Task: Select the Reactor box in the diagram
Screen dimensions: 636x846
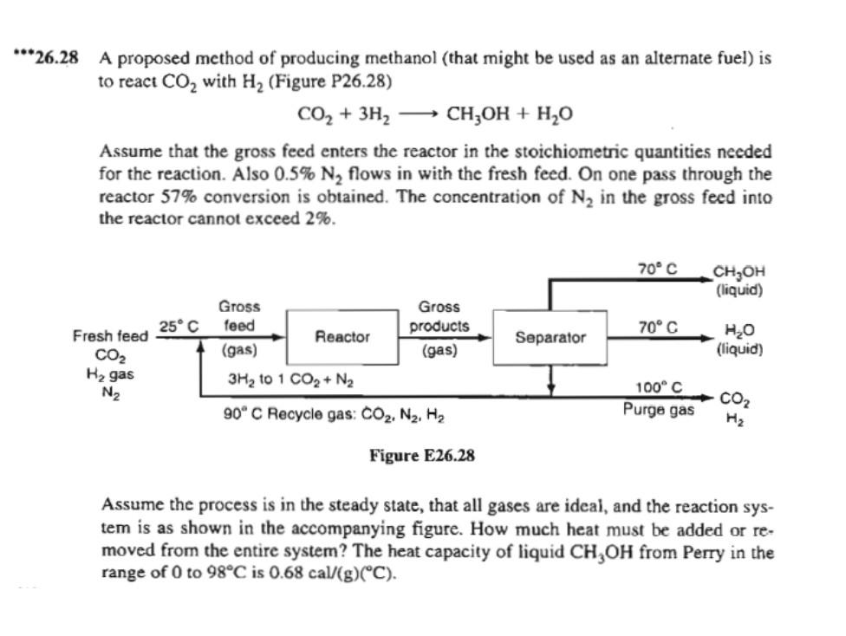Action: point(342,336)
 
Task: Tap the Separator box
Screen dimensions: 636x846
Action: point(550,336)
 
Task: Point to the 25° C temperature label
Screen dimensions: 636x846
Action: point(179,326)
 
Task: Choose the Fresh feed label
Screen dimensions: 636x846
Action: point(110,335)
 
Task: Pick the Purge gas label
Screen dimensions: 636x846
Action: point(658,408)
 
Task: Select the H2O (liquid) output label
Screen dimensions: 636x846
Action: point(739,341)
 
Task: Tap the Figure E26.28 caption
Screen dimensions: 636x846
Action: point(422,456)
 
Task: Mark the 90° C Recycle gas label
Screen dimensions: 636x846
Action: point(335,414)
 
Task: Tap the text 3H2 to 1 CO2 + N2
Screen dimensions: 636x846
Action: point(289,379)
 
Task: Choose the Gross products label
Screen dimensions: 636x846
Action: point(439,317)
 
